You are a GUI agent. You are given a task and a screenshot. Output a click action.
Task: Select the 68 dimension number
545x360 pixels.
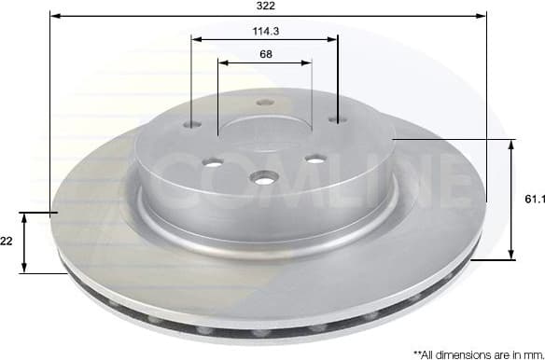(x=265, y=54)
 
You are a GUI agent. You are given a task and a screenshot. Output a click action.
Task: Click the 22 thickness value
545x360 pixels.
(x=6, y=241)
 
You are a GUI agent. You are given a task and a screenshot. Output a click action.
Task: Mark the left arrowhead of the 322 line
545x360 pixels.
(x=54, y=16)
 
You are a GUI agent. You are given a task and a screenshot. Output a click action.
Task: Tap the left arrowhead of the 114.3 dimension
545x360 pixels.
(x=195, y=38)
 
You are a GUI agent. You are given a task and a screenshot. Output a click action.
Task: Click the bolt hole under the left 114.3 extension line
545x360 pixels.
(x=193, y=126)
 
